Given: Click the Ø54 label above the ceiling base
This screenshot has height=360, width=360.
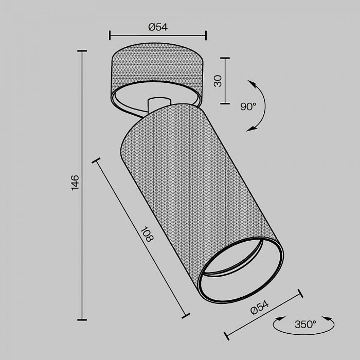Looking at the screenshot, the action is (158, 27).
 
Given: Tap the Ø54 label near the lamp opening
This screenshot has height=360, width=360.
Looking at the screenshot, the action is (260, 308).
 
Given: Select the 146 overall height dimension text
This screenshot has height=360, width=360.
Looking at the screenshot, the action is (75, 183).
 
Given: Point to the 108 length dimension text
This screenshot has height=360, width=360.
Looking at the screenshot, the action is (146, 235).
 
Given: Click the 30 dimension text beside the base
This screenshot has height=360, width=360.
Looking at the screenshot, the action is (218, 81).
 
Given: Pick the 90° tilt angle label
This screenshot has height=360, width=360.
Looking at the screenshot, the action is (248, 106).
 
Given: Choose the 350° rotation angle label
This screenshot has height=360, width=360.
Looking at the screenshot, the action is (305, 325).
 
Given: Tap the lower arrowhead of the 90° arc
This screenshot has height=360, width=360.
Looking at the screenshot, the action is (251, 129).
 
